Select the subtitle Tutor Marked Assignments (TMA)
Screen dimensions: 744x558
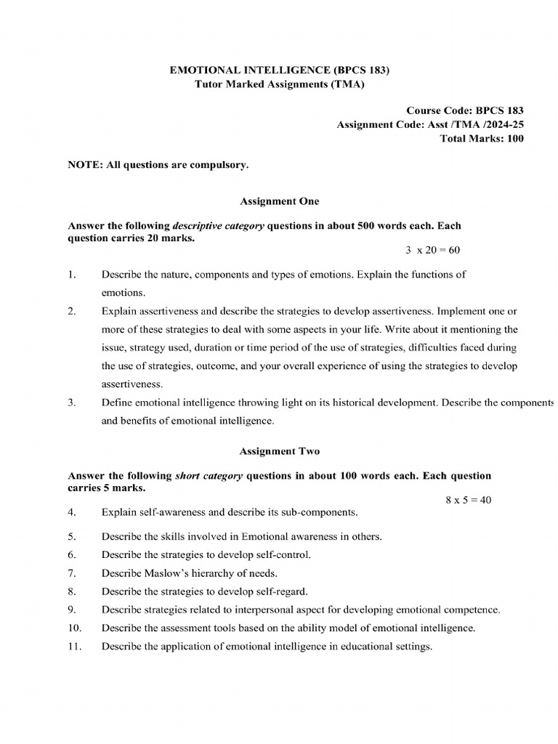(x=280, y=84)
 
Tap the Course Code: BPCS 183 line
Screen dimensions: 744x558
(x=464, y=110)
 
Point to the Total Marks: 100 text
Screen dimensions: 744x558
(x=482, y=139)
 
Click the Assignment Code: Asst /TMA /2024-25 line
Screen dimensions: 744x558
(x=430, y=125)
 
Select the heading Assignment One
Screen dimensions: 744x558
(x=279, y=201)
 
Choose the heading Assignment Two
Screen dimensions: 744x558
(x=279, y=451)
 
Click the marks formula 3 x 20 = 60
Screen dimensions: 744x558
(x=432, y=250)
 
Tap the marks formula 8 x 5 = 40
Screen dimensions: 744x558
(x=468, y=500)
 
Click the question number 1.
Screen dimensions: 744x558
(x=71, y=275)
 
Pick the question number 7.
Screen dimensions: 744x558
(x=71, y=573)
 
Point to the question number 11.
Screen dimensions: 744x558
(x=73, y=646)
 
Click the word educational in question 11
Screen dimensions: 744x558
(x=330, y=646)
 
